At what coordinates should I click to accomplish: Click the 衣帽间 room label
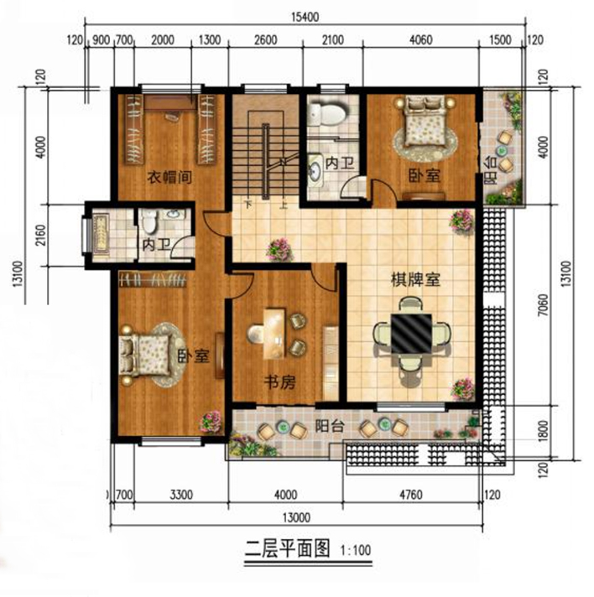(x=169, y=177)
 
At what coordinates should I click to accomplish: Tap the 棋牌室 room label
(x=415, y=279)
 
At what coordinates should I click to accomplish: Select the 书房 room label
(x=280, y=382)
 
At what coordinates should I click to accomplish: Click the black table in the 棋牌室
(x=411, y=334)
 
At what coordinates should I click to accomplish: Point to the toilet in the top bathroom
(x=326, y=112)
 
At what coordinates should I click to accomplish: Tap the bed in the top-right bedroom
(x=425, y=121)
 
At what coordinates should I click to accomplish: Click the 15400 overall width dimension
(x=305, y=17)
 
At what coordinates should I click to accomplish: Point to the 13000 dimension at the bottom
(x=296, y=517)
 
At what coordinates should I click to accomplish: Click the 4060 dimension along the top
(x=420, y=40)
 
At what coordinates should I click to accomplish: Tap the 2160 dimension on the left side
(x=40, y=235)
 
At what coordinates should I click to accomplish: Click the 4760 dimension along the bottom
(x=411, y=495)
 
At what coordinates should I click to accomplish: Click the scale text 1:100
(x=356, y=550)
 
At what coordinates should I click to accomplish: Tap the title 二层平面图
(x=287, y=548)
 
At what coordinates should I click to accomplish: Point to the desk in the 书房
(x=274, y=334)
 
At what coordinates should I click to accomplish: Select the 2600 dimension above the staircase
(x=266, y=40)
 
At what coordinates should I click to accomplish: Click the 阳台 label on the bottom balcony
(x=330, y=426)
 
